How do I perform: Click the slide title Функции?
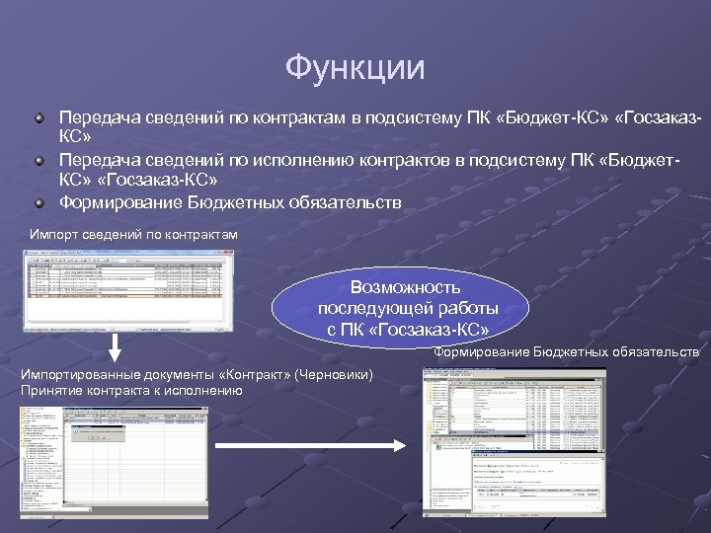point(355,68)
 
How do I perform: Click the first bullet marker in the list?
point(39,118)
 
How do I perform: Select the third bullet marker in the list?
point(39,203)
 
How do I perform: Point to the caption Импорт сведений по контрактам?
point(134,235)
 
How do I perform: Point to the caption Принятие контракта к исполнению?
point(131,390)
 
